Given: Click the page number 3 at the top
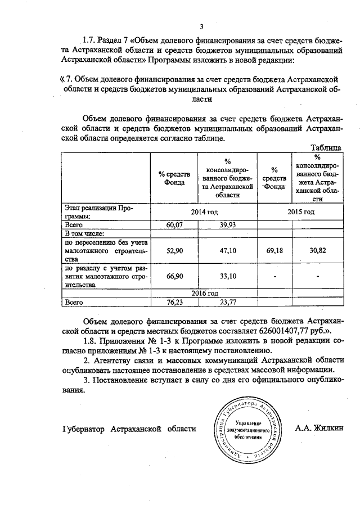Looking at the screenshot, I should tap(201, 26).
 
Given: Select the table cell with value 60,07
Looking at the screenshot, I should tap(175, 225).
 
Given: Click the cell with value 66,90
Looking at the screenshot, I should tap(175, 277).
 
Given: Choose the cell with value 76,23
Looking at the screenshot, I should tap(175, 301).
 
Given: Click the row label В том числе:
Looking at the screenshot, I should tap(85, 233).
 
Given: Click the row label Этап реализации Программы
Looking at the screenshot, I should tap(99, 211).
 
